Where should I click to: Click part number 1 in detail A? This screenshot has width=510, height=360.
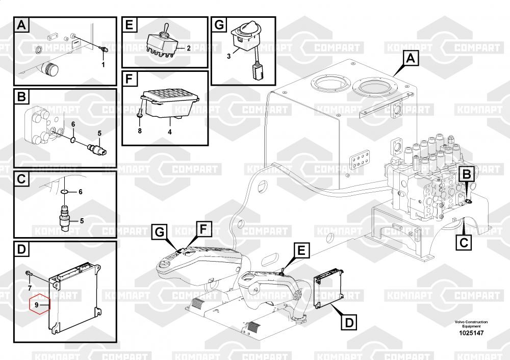tap(103, 64)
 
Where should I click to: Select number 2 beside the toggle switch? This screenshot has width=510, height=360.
tap(189, 48)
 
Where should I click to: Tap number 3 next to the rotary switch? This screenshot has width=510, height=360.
tap(228, 56)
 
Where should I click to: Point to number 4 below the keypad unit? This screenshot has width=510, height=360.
tap(170, 132)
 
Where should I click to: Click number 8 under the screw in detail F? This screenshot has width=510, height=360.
tap(140, 131)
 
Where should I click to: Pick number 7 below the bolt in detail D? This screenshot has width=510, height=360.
tap(30, 288)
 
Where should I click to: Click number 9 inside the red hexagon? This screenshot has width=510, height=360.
tap(37, 305)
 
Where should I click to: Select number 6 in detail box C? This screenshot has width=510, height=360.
tap(81, 192)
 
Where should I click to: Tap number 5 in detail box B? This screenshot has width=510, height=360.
tap(99, 133)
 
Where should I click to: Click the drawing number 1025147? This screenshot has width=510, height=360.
tap(471, 333)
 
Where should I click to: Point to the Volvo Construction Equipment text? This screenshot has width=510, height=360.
tap(471, 324)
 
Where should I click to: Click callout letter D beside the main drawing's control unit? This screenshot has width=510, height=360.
tap(349, 323)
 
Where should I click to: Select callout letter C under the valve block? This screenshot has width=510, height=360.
tap(464, 242)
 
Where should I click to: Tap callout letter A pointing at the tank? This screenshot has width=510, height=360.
tap(411, 59)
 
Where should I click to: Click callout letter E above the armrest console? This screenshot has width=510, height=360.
tap(301, 250)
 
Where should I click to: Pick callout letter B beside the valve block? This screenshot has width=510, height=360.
tap(467, 174)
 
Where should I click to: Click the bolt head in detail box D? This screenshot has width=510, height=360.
tap(28, 272)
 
